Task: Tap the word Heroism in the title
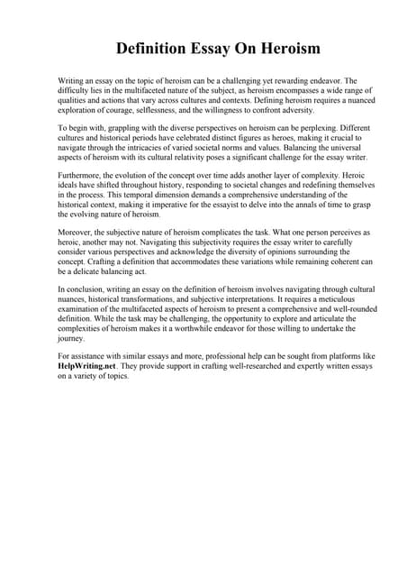286,47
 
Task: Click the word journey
72,341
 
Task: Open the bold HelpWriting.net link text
88,370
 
